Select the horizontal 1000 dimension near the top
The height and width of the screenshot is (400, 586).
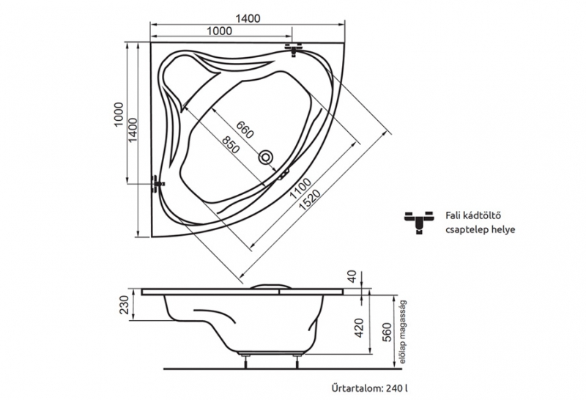(x=219, y=31)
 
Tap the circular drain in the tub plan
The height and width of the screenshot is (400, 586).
(x=266, y=156)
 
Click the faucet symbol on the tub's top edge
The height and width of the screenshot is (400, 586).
(x=294, y=49)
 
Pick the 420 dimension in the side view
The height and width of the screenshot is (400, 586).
(x=359, y=328)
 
